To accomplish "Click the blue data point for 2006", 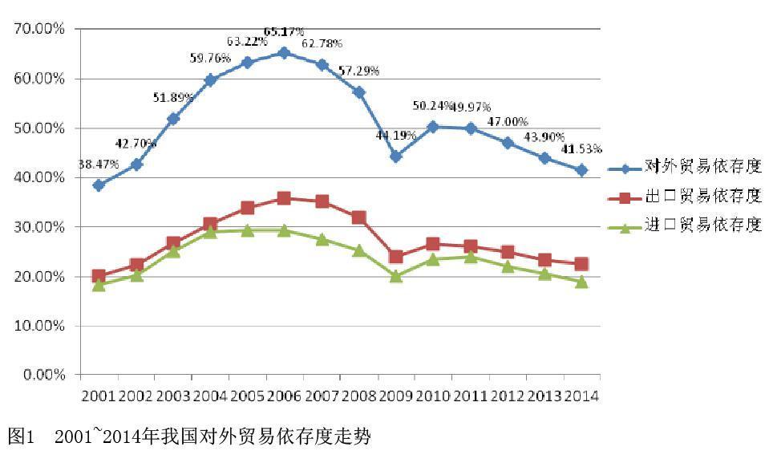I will pos(283,53).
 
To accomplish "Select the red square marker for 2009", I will pos(395,257).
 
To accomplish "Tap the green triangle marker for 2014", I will pos(582,282).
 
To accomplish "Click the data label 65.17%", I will pos(284,32).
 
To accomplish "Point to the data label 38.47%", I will pos(99,165).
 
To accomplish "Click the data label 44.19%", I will pos(396,136).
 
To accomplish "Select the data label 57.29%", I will pos(358,71).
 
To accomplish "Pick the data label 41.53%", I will pos(581,149).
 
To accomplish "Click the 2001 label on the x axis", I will pos(99,396).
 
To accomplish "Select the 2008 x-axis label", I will pos(358,396).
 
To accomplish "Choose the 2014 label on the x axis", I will pos(581,396).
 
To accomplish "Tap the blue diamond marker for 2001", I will pos(99,185).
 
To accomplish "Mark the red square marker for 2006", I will pos(283,198).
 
